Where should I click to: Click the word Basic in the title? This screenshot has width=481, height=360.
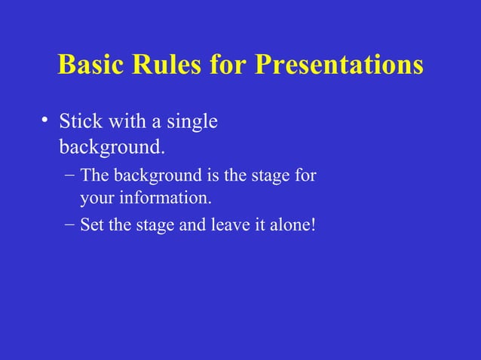[x=90, y=65]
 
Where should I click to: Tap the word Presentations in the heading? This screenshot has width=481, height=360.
[x=339, y=65]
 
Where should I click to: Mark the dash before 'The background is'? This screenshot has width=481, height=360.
[x=69, y=176]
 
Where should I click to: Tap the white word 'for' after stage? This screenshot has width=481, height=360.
[x=305, y=176]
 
